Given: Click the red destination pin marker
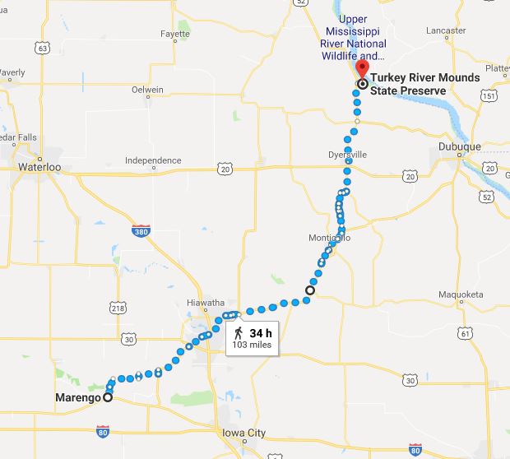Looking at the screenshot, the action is (363, 70).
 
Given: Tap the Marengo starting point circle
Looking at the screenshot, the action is (108, 397).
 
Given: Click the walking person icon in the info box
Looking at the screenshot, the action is (239, 332).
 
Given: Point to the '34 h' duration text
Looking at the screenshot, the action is (261, 332).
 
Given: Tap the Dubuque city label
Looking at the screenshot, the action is (460, 147).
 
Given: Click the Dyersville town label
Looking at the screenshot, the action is (346, 154).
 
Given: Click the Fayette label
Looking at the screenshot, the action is (174, 35).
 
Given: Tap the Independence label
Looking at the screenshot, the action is (153, 160).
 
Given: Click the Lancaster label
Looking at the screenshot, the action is (446, 30).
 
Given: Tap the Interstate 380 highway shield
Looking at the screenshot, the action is (140, 233).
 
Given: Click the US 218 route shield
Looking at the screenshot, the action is (117, 307).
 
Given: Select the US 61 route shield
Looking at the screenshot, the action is (467, 332).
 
